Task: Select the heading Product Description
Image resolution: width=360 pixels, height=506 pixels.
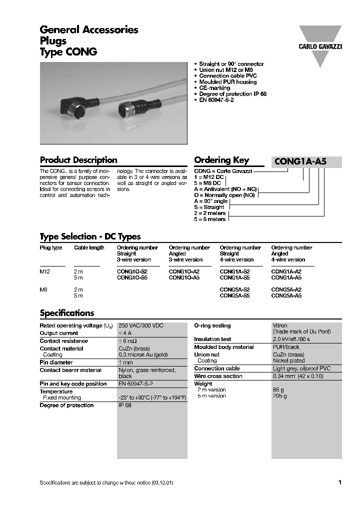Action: point(78,160)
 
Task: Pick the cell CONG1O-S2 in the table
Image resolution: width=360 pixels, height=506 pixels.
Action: point(132,271)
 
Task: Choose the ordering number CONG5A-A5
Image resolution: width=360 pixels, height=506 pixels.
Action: point(286,295)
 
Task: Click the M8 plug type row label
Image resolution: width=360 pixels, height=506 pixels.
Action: point(44,289)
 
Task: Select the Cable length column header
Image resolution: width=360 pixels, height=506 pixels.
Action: point(89,247)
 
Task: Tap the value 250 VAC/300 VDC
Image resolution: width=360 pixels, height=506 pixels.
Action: point(141,325)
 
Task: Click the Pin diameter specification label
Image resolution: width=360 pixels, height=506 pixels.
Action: point(56,362)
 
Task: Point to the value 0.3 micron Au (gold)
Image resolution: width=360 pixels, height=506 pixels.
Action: point(143,354)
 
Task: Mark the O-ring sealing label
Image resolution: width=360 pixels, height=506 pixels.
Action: point(212,325)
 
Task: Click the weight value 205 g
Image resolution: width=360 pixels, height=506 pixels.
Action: point(279,395)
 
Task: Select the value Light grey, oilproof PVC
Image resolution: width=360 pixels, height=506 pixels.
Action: point(301,368)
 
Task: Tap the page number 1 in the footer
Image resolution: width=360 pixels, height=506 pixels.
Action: point(340,482)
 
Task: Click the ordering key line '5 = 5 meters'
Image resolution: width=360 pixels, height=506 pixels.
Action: point(209,219)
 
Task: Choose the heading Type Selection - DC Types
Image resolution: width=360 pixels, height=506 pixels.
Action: point(90,236)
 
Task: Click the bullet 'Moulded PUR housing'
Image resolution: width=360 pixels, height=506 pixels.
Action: point(227,82)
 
